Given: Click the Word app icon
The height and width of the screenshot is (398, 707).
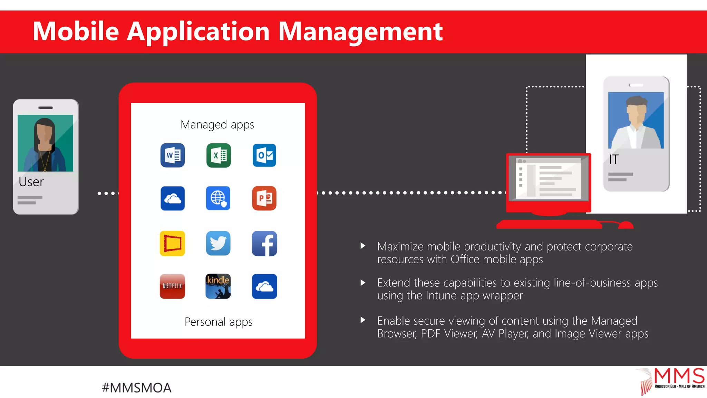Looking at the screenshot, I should tap(173, 155).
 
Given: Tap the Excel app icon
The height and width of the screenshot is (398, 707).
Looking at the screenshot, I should tap(219, 155).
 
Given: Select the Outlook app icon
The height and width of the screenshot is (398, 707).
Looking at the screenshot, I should tap(264, 155).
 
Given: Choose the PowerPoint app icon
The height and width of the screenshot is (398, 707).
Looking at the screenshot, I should tap(264, 198).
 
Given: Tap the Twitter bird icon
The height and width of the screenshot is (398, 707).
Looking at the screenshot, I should tap(218, 243).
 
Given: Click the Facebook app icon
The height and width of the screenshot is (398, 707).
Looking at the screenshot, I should tap(264, 243).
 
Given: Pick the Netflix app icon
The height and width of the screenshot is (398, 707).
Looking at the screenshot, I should tap(172, 286).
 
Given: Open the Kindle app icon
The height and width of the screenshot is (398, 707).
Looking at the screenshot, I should tap(218, 286).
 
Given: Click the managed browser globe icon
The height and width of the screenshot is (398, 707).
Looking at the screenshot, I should tap(218, 198).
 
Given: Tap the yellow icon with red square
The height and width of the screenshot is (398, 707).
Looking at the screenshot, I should tap(172, 243).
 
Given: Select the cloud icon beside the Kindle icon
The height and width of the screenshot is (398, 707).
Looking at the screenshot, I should tap(264, 286).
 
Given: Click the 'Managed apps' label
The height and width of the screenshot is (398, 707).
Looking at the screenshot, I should tap(217, 125).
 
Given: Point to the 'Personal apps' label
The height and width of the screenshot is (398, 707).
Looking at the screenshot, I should tap(219, 322).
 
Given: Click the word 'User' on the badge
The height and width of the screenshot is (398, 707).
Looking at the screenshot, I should tap(31, 182).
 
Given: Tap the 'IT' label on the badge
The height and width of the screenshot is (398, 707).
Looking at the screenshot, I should tap(614, 160).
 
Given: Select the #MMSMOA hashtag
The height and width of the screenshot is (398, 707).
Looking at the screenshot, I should tap(137, 388).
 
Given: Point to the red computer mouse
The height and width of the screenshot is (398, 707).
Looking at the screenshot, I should tap(626, 225).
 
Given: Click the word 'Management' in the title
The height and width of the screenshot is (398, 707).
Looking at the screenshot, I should tap(360, 32).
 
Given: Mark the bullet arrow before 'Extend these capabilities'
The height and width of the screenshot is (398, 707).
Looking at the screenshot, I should tap(363, 283).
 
